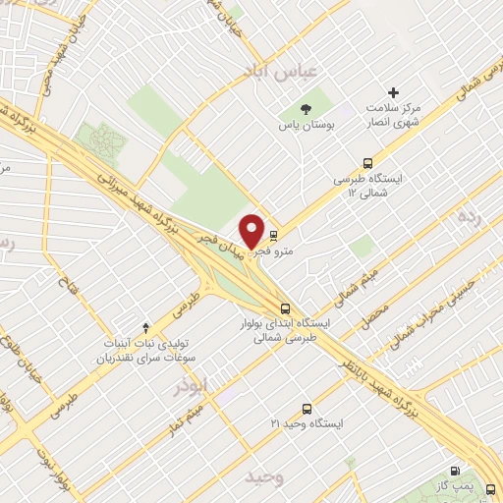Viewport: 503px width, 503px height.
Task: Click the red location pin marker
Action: point(252,231)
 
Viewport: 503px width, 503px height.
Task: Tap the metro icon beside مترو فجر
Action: point(273,235)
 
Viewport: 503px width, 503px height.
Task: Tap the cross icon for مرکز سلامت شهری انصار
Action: point(395,92)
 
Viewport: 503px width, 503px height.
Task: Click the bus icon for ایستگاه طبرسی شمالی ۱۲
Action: point(367,164)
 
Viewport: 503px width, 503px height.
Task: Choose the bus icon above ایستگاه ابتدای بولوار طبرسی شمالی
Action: point(285,307)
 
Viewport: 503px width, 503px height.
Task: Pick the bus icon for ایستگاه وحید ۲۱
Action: point(307,408)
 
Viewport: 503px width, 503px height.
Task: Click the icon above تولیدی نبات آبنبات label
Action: point(146,326)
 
